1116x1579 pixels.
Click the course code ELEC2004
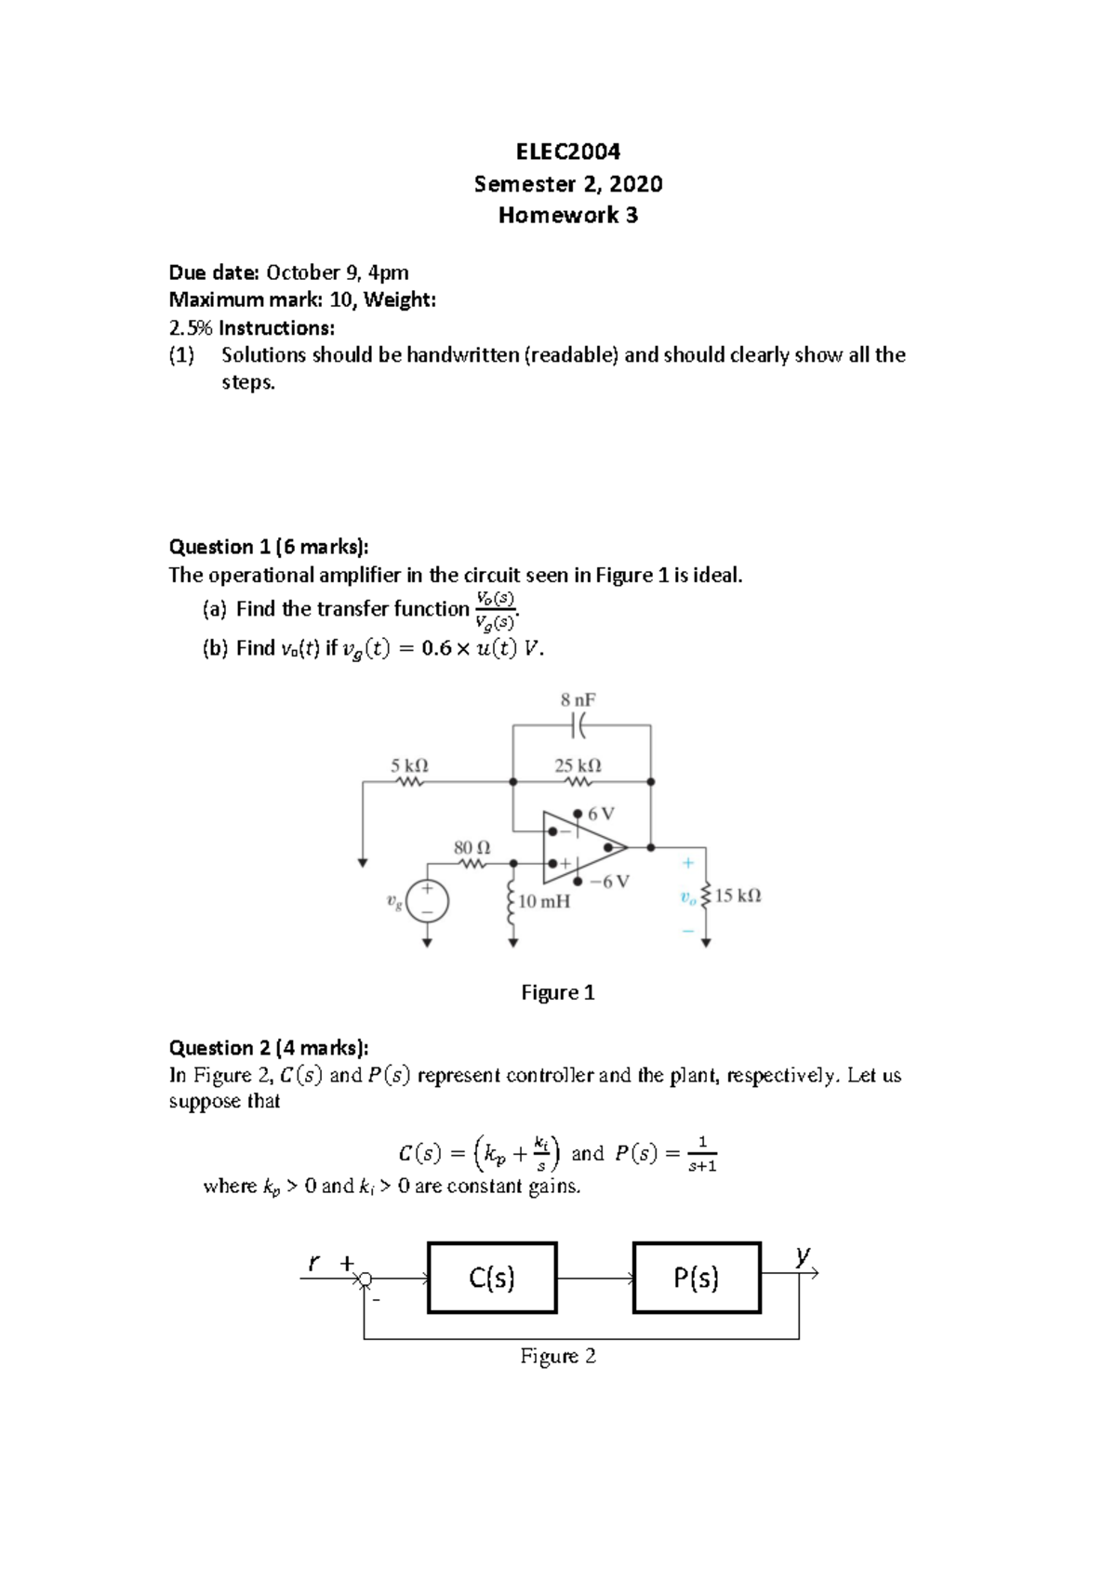[x=567, y=152]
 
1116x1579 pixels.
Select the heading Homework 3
[x=567, y=215]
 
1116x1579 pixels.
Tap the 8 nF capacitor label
[x=578, y=699]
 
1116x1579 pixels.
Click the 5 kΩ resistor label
[x=409, y=765]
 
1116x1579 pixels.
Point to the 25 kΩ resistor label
[x=578, y=765]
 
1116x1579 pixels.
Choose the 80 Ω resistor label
[x=472, y=847]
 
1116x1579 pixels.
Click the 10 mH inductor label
[x=544, y=901]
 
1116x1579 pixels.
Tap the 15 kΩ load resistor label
[x=737, y=896]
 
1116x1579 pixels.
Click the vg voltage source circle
[x=427, y=901]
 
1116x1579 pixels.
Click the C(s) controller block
[x=492, y=1278]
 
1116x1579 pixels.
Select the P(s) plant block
[x=697, y=1278]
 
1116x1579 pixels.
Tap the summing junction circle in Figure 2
[x=365, y=1280]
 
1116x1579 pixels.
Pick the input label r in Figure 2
[x=314, y=1263]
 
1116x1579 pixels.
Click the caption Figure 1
[x=557, y=992]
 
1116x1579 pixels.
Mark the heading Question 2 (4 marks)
[x=268, y=1048]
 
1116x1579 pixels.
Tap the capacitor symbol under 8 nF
[x=578, y=724]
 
